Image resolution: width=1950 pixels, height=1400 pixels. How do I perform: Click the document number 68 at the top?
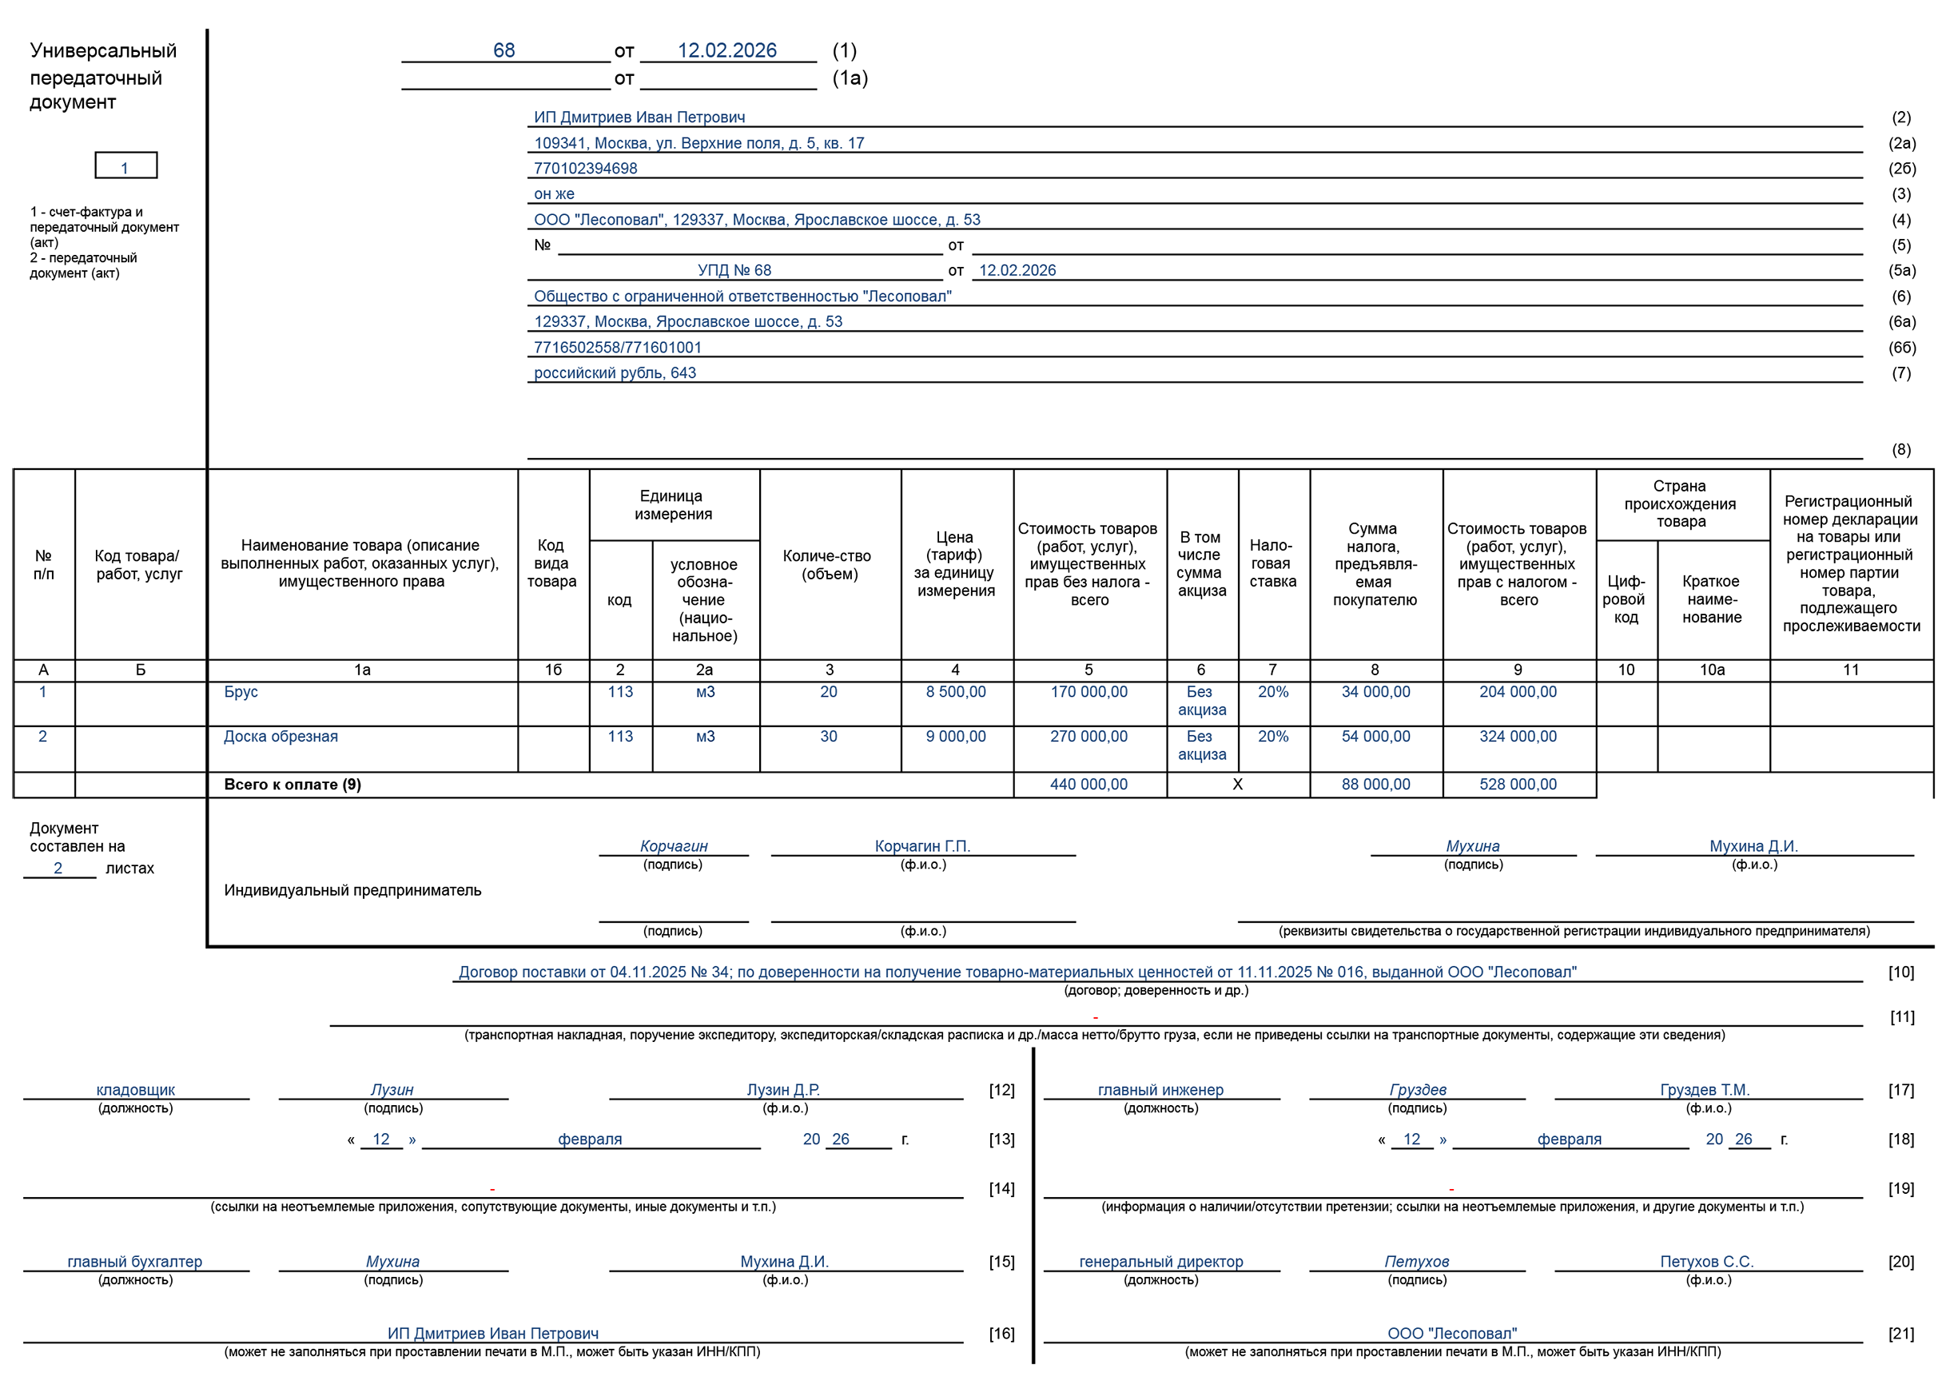503,50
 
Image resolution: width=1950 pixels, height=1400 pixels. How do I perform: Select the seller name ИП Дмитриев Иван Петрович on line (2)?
639,117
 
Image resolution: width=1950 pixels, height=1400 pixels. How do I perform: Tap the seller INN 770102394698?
585,169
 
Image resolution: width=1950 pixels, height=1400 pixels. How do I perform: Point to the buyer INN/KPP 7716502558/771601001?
617,348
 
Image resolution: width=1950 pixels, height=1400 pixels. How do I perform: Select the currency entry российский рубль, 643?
615,373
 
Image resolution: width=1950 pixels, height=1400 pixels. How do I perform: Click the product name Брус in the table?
241,692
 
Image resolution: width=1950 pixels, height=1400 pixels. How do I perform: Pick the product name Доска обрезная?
281,737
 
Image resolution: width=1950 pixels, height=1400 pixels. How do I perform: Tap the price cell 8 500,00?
955,692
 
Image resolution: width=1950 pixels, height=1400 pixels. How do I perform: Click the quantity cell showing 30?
828,737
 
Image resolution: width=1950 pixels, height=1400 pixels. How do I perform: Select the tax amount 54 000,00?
1375,737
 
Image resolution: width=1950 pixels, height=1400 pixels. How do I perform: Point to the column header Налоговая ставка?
1272,564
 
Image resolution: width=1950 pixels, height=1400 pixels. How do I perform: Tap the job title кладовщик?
136,1091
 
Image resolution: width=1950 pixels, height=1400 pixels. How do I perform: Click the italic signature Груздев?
1418,1091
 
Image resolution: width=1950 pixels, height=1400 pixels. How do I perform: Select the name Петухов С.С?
1707,1263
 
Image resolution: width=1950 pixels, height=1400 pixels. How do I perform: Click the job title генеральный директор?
1160,1263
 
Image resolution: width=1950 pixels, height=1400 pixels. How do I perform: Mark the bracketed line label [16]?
1001,1334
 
